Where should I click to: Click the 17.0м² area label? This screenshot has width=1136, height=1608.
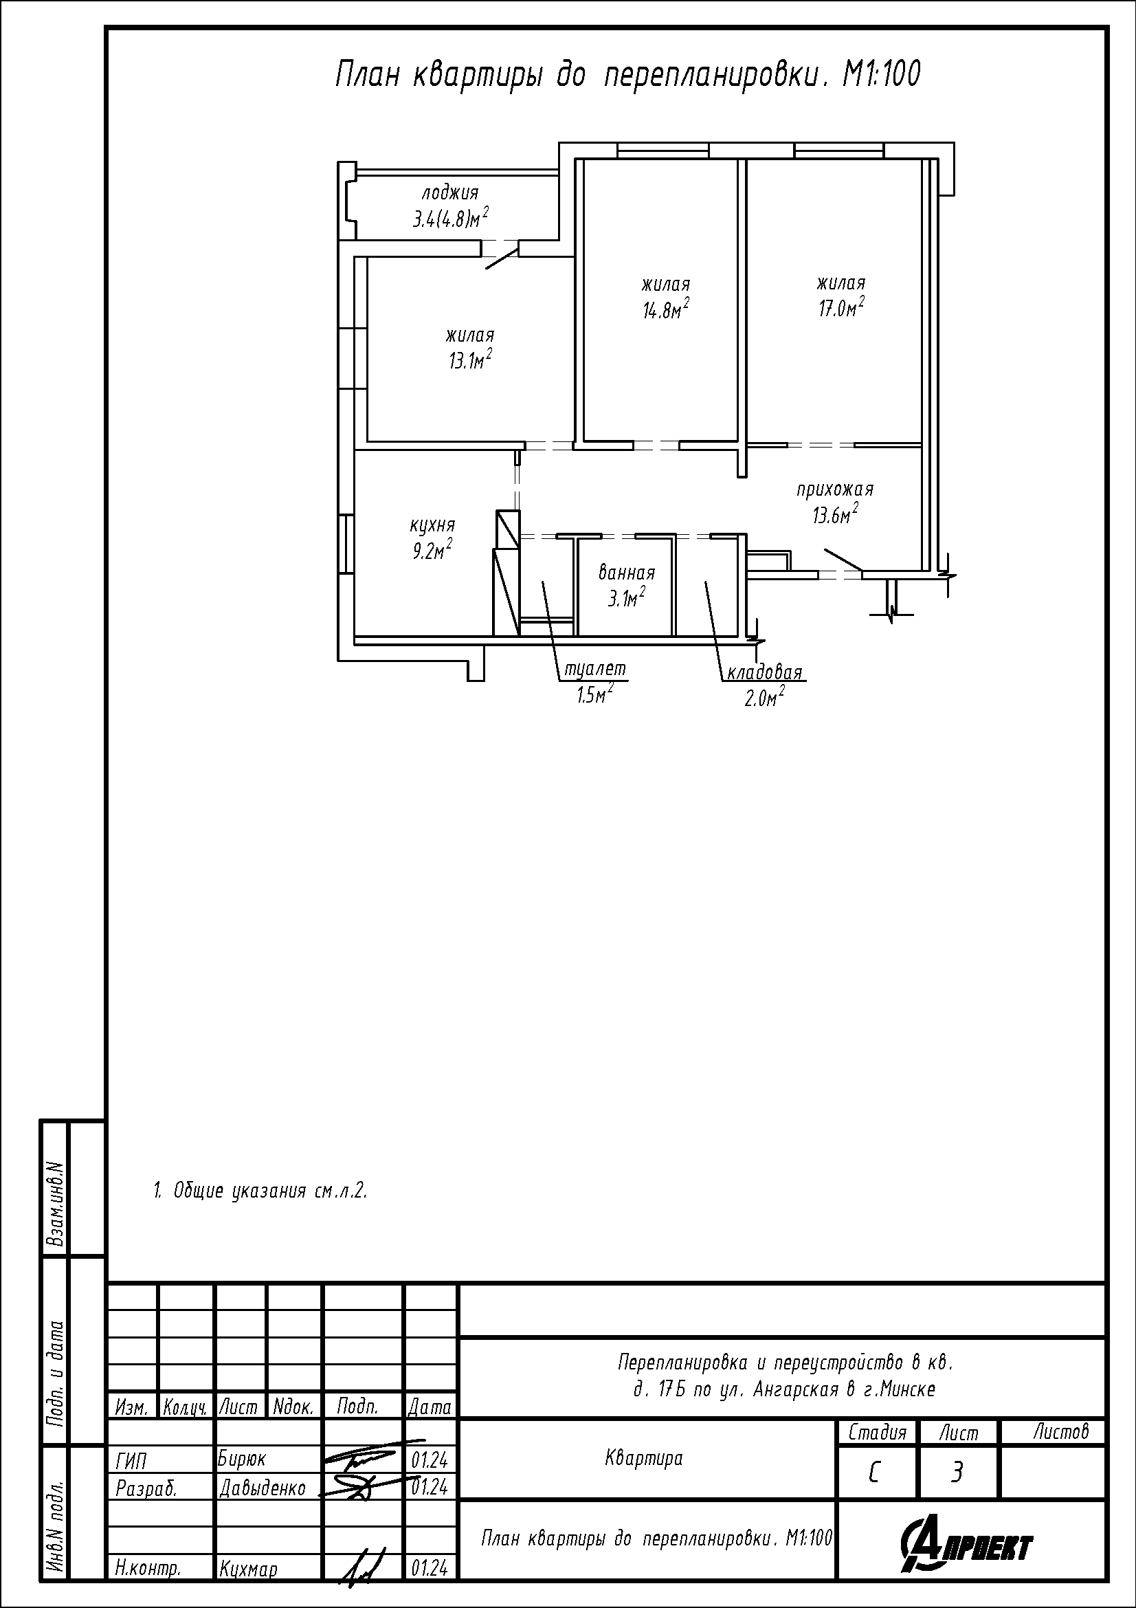pyautogui.click(x=841, y=307)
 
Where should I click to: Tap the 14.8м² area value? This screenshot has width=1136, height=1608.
pyautogui.click(x=666, y=309)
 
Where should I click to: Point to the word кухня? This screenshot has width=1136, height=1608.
pyautogui.click(x=432, y=525)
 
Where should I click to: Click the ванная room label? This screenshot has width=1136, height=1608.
pyautogui.click(x=627, y=573)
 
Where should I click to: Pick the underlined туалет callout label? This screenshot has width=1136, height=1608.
pyautogui.click(x=595, y=669)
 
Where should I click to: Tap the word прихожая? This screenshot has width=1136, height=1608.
pyautogui.click(x=835, y=489)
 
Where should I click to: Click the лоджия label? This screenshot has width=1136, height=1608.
pyautogui.click(x=450, y=192)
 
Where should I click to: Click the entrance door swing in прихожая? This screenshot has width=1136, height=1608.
pyautogui.click(x=843, y=560)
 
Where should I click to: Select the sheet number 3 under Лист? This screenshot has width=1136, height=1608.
pyautogui.click(x=957, y=1474)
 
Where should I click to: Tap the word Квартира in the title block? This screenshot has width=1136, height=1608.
pyautogui.click(x=644, y=1459)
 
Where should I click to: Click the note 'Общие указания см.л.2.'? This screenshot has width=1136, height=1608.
pyautogui.click(x=260, y=1191)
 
